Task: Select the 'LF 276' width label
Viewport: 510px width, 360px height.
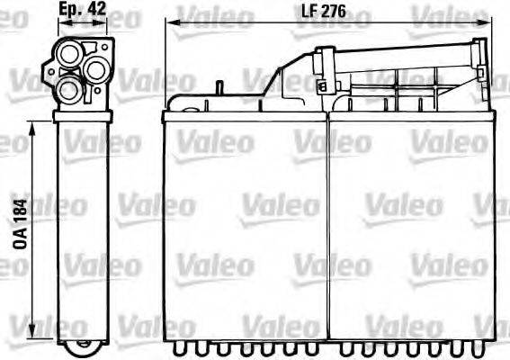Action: (322, 13)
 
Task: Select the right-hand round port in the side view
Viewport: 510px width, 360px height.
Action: (97, 66)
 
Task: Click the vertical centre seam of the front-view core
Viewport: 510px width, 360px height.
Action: (327, 225)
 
